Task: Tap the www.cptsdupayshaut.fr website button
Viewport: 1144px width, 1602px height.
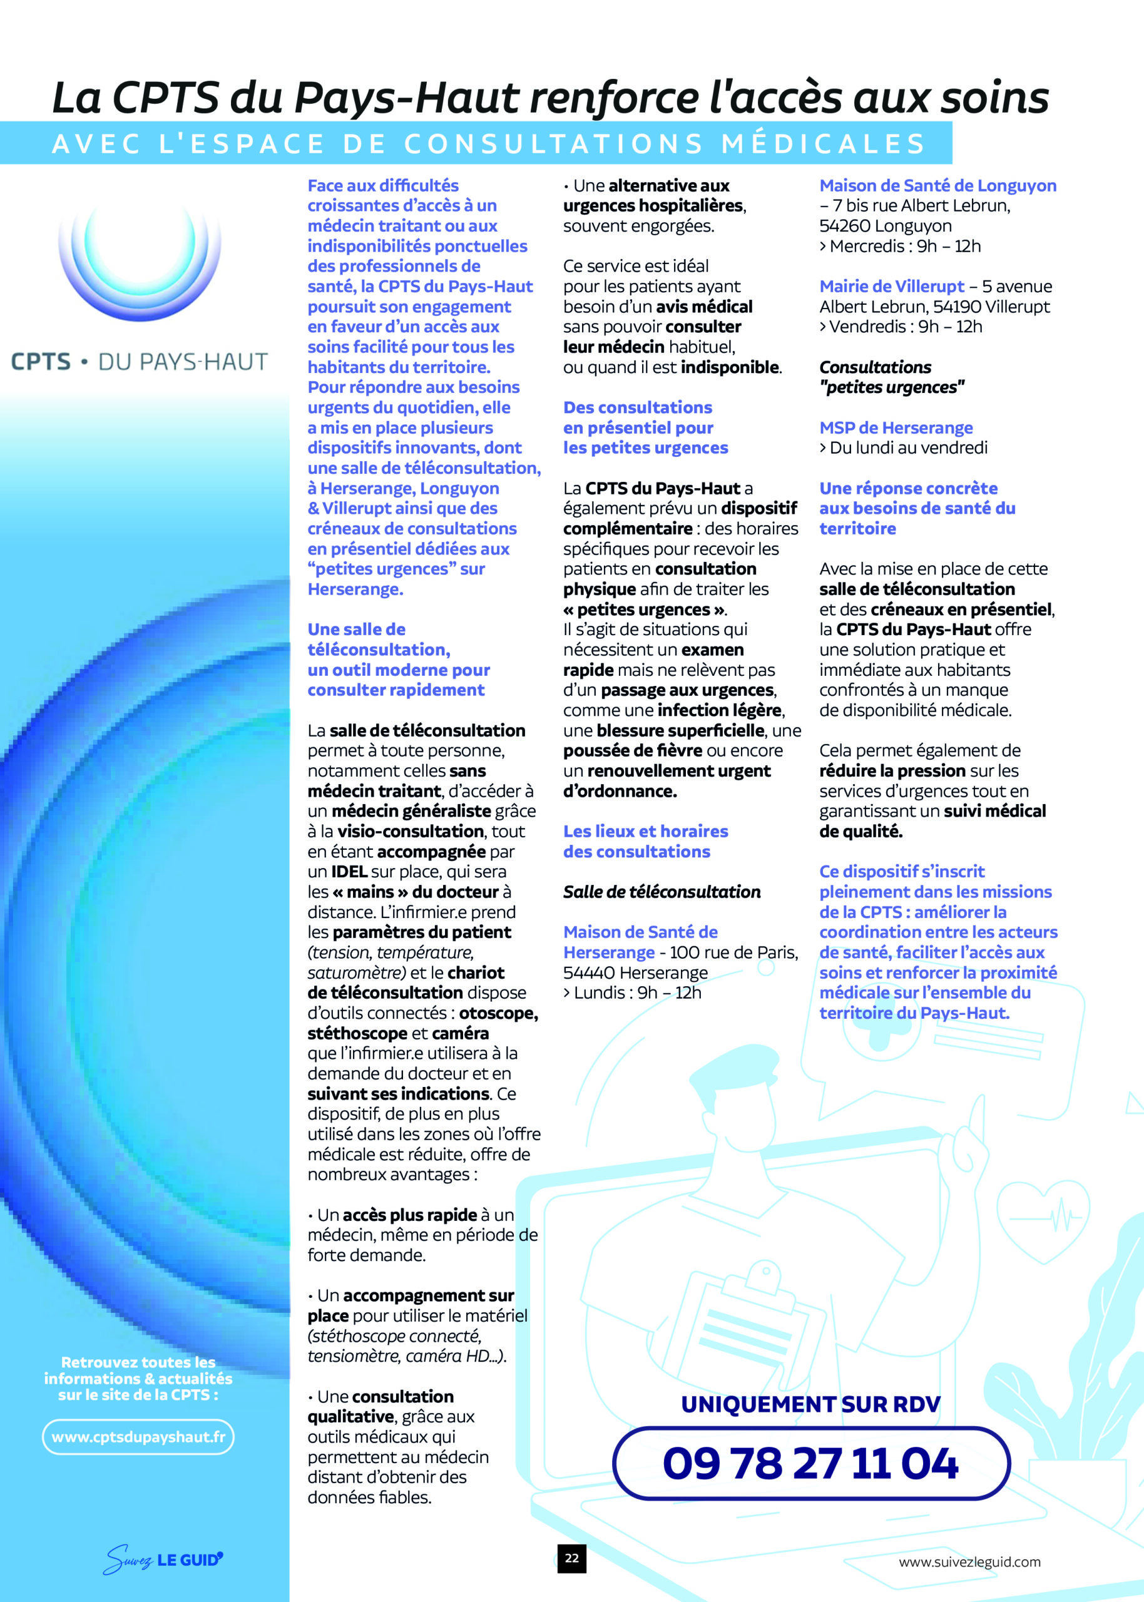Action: click(138, 1437)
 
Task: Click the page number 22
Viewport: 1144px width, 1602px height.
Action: click(571, 1558)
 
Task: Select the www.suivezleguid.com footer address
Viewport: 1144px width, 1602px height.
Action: click(969, 1562)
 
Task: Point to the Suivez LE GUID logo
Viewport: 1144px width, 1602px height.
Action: click(163, 1559)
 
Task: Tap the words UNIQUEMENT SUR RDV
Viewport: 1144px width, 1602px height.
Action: click(810, 1404)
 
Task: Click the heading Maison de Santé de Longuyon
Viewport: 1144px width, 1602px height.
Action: click(937, 186)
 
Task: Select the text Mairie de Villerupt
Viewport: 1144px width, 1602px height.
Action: click(891, 287)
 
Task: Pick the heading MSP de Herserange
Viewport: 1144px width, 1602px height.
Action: click(896, 427)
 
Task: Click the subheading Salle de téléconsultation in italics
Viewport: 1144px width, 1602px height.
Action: click(661, 892)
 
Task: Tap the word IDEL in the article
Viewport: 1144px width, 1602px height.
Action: click(349, 872)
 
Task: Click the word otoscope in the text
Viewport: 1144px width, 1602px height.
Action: click(498, 1013)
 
